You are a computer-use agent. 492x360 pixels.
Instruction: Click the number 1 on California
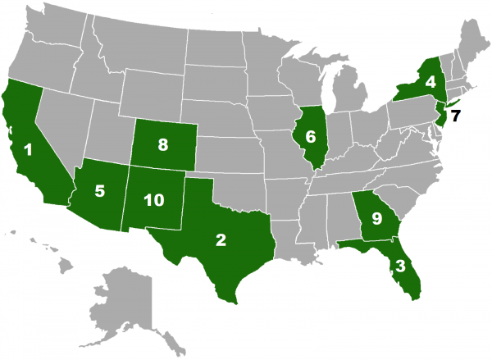(x=29, y=150)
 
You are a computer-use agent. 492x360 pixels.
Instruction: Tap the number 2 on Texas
(x=221, y=239)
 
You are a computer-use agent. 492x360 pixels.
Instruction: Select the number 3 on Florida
(x=399, y=266)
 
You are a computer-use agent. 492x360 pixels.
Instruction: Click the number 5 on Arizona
(x=99, y=192)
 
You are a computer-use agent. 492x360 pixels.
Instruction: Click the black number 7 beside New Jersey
(x=456, y=115)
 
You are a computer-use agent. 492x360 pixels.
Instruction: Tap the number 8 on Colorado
(x=163, y=145)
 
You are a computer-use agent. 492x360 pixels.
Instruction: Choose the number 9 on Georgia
(x=376, y=218)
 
